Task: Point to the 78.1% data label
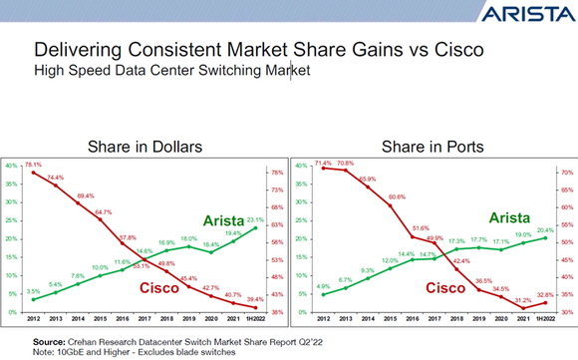[33, 165]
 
